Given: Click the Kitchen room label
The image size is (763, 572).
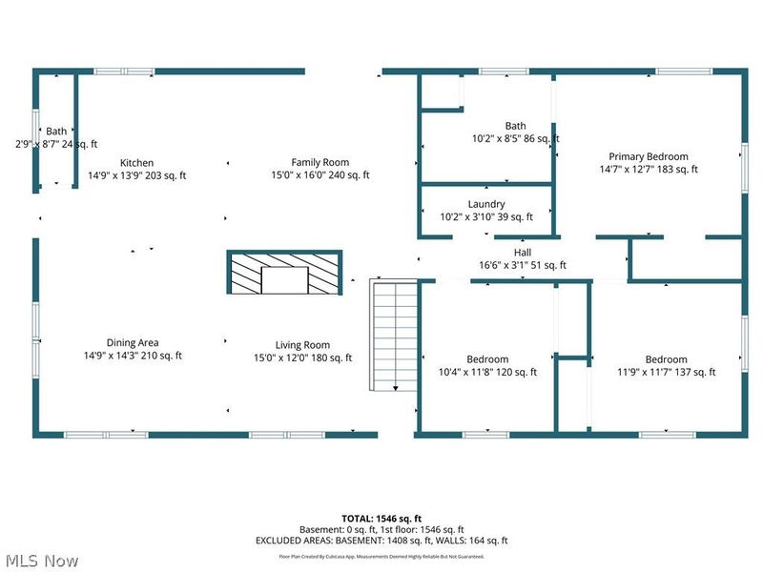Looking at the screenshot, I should point(136,163).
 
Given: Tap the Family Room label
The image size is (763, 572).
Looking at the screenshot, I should point(320,163).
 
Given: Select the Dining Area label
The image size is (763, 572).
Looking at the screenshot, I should point(133,343).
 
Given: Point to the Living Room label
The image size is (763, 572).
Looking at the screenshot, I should point(302,345).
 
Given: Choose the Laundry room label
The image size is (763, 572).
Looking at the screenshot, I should point(486,204).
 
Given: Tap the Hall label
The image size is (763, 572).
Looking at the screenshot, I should point(523,253).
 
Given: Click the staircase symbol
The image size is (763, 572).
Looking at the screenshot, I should point(394,336).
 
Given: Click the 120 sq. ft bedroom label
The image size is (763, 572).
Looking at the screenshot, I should point(487,360).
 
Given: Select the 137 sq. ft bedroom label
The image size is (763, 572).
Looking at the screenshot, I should point(666,360).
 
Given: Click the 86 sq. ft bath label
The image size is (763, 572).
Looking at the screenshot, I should point(515,126).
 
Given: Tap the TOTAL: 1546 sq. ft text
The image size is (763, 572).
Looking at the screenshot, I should point(381,519).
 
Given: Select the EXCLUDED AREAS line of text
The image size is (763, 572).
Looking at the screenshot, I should point(381,540).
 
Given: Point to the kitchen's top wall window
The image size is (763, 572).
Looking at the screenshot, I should point(124,71).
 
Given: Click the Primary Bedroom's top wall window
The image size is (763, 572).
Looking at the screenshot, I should point(683,71).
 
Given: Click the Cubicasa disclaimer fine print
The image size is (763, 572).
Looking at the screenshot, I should point(381,556).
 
